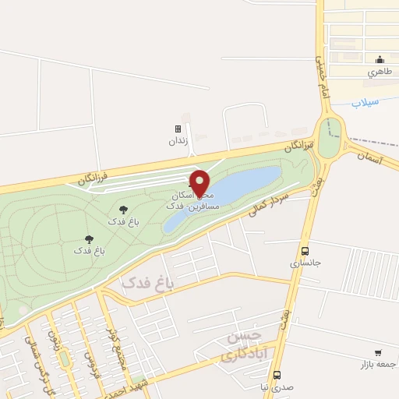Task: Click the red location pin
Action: click(199, 183)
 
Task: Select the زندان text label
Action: click(178, 143)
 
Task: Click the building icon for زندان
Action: click(178, 129)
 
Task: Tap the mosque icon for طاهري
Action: click(380, 59)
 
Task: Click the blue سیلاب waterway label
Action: click(365, 102)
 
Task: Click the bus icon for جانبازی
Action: click(305, 251)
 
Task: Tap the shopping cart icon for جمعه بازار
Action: click(378, 353)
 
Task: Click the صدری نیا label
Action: click(277, 387)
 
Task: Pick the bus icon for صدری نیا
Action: click(277, 375)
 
